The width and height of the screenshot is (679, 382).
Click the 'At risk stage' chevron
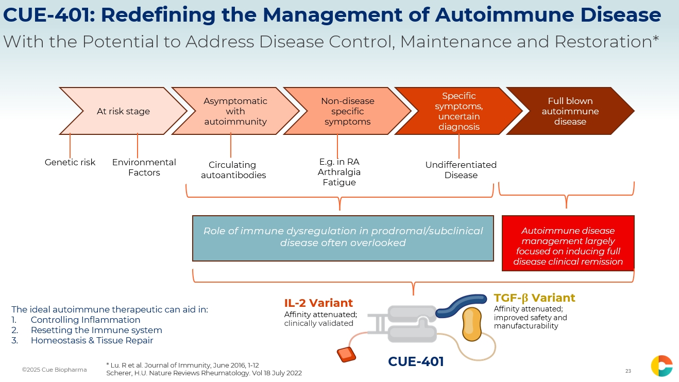pos(123,111)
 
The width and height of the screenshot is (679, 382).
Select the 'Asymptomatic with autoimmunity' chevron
pos(235,111)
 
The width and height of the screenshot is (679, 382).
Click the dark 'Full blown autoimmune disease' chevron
pos(570,111)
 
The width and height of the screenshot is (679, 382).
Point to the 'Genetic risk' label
pos(70,162)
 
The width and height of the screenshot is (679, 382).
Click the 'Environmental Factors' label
pos(144,167)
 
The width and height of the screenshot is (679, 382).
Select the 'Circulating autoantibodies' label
pos(233,170)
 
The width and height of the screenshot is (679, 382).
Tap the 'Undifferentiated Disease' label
pos(461,170)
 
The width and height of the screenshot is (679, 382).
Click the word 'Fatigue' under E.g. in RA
pos(339,182)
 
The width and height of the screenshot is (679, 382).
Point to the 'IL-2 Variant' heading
pos(318,303)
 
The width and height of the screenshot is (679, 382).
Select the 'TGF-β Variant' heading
pos(534,298)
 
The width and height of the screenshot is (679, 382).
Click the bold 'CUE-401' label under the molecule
pos(416,362)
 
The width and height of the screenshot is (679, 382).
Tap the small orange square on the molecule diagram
pos(346,355)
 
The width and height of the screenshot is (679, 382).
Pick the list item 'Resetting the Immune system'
pos(96,330)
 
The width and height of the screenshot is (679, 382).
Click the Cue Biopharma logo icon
pos(661,366)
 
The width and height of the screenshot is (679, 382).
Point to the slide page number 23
pos(628,371)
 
